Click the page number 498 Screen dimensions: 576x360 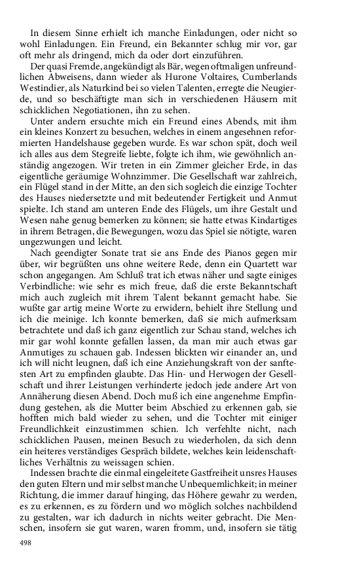pyautogui.click(x=26, y=543)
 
